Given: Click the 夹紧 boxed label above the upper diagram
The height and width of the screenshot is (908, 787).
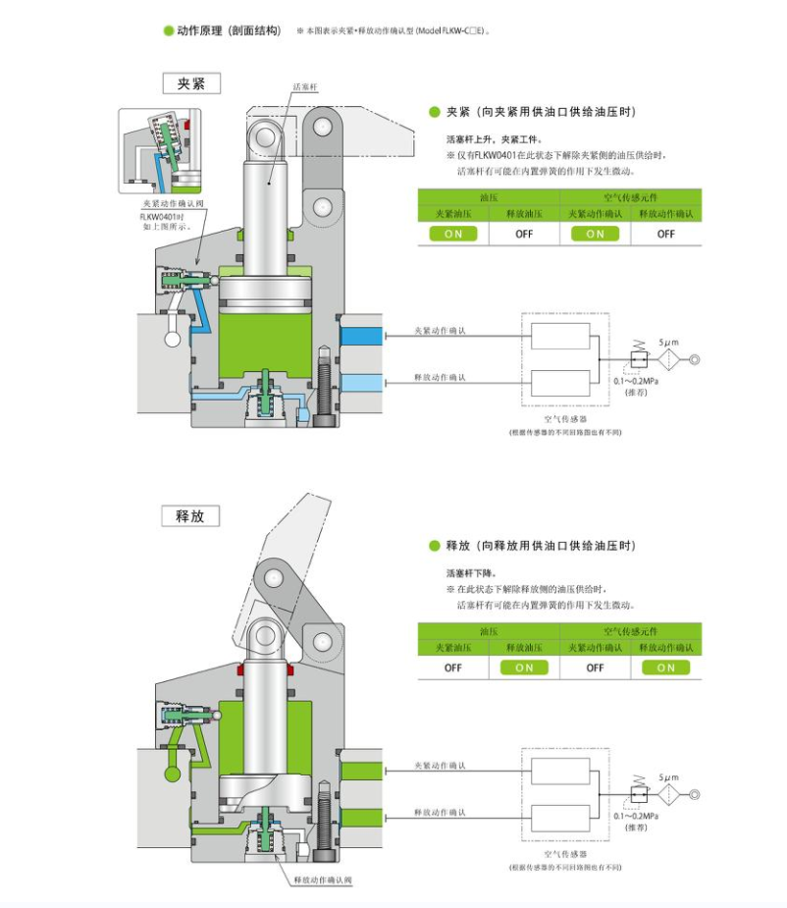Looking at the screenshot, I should pos(190,83).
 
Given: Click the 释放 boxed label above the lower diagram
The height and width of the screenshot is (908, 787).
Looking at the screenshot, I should pos(190,515).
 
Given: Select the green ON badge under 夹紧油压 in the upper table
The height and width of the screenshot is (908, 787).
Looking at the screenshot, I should pos(452,234).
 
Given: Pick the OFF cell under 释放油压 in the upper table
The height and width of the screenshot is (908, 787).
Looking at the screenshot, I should pos(524,234).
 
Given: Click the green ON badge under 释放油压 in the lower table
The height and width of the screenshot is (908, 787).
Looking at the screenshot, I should pos(524,668).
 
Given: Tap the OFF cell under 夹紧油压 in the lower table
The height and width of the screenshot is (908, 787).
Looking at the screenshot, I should pos(452,668).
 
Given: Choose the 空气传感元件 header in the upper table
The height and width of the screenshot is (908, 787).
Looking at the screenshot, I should pos(630,196).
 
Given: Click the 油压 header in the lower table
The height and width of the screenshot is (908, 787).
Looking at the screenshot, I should pos(489,630).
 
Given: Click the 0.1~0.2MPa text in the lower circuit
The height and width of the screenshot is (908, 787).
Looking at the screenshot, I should pos(637,816).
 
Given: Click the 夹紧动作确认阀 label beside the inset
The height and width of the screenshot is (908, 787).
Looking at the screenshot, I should pos(172,204).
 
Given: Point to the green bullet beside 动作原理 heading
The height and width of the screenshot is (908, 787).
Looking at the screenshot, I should pos(169,30).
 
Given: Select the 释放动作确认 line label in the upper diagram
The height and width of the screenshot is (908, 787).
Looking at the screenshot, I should pos(441,377).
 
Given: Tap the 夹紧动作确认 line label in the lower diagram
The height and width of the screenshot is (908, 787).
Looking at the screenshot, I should pos(441,765).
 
